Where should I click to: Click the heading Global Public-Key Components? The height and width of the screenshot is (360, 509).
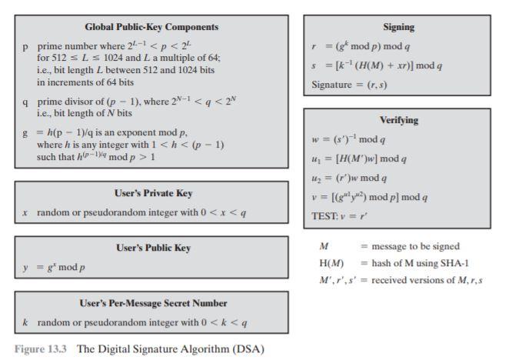(151, 27)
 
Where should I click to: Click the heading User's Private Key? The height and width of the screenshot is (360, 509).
(151, 193)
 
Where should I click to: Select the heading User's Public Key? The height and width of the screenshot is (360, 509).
(151, 248)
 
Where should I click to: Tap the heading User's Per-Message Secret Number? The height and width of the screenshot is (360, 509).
(151, 303)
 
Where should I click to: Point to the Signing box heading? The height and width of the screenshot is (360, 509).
(398, 27)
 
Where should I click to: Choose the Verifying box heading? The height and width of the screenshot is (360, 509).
(398, 120)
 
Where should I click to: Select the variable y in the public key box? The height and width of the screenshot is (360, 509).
(26, 267)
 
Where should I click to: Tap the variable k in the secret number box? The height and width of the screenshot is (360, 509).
(26, 322)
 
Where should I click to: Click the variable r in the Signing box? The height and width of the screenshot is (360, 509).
(315, 46)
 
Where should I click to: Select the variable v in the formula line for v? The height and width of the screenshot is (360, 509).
(315, 198)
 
